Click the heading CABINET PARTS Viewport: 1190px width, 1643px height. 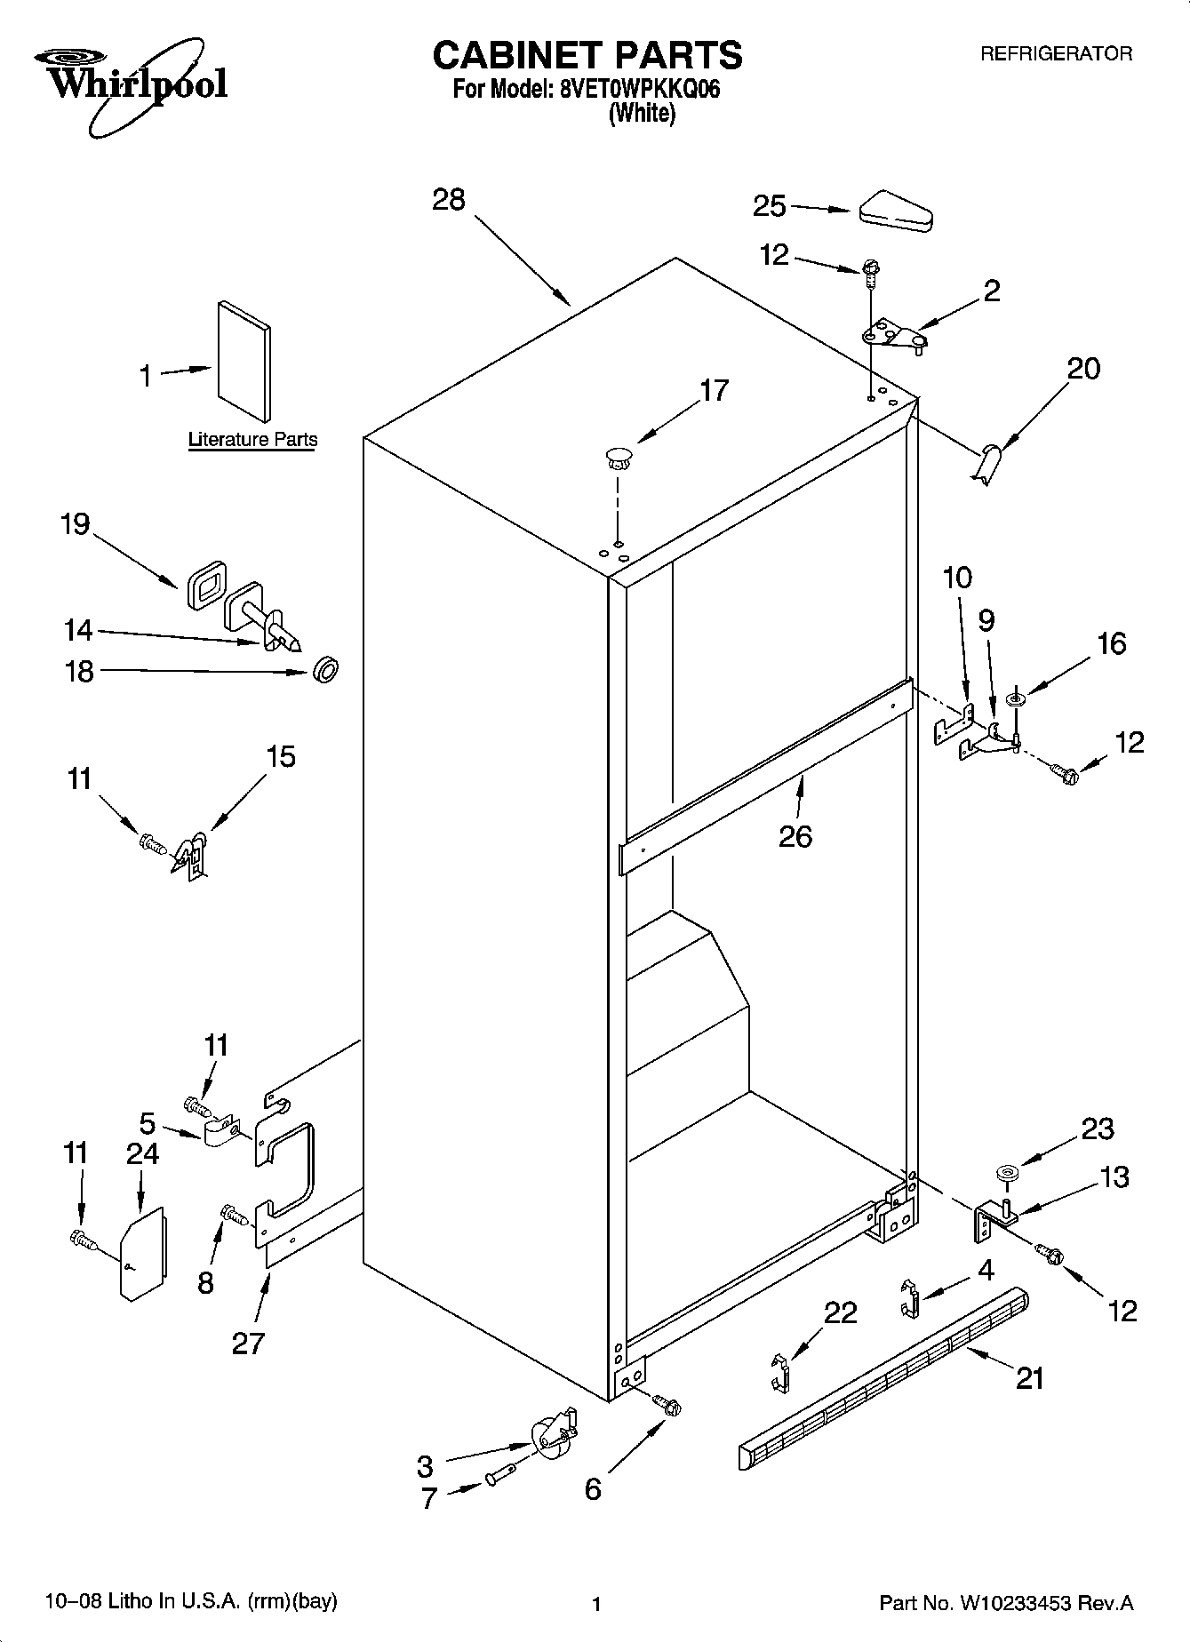[587, 55]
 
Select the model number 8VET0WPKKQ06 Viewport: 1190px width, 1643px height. [639, 90]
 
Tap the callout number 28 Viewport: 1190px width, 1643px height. [449, 199]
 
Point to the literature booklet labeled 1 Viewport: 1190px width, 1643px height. [244, 360]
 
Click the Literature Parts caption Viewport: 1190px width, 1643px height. [252, 439]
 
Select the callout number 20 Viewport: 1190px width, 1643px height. [1082, 368]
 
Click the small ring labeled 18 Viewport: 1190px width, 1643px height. [326, 669]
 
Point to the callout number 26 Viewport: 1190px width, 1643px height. [795, 836]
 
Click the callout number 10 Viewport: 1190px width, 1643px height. [957, 578]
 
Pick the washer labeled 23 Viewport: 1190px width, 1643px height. [1006, 1173]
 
